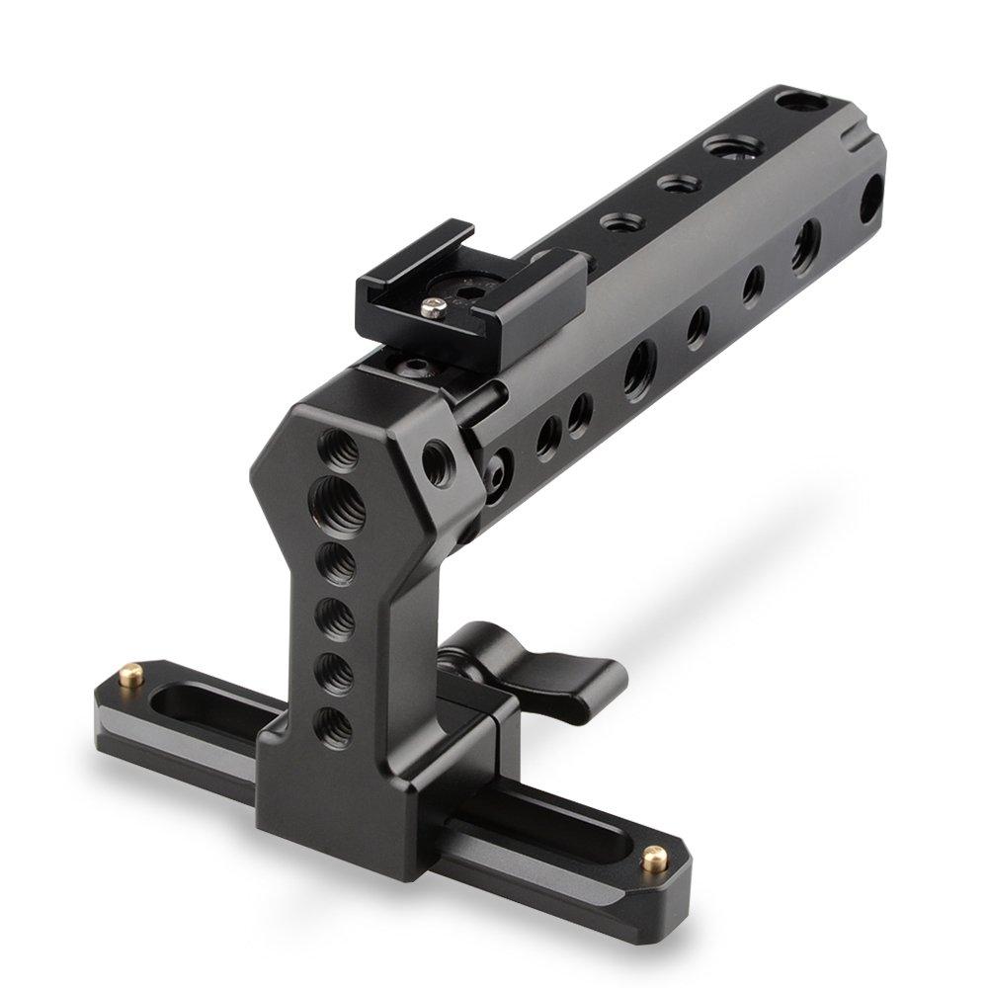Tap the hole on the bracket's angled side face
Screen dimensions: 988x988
436,461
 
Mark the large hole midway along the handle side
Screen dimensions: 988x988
637,363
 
